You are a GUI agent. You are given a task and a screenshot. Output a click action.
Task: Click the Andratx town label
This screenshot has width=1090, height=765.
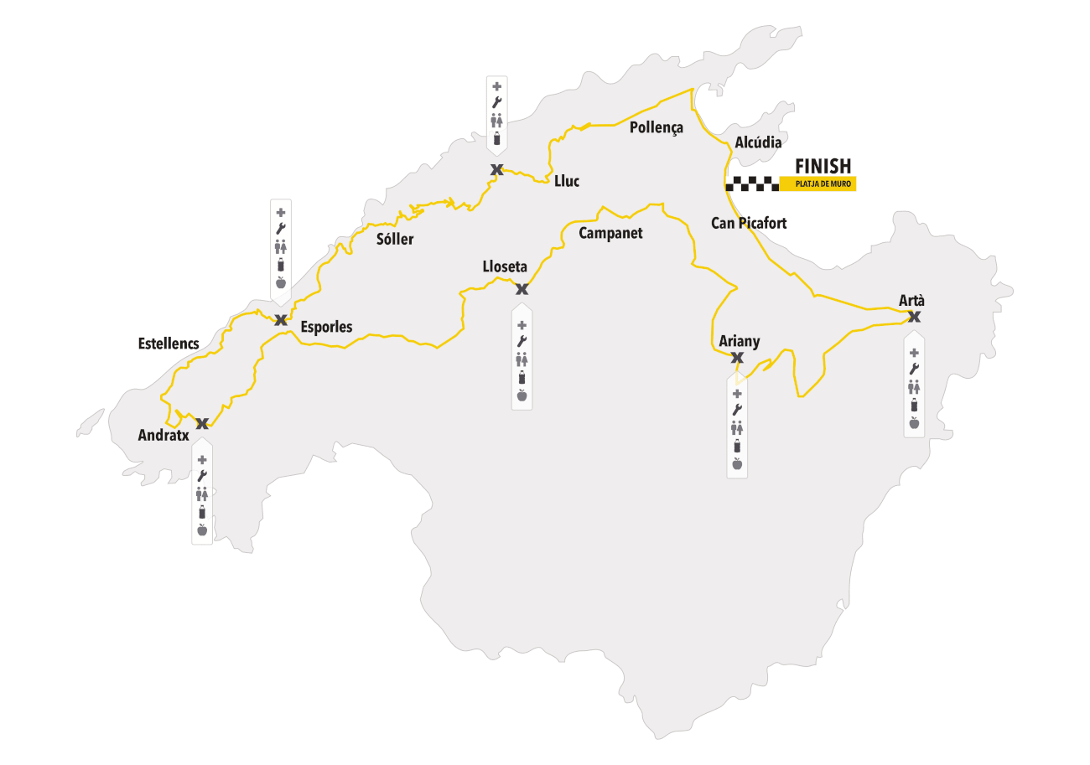coord(163,436)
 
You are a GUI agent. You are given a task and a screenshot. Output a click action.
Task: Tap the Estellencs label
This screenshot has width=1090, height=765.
coord(169,344)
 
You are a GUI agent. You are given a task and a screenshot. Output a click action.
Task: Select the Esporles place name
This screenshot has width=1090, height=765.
coord(326,327)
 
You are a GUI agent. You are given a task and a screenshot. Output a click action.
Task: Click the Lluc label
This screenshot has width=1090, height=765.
coord(567,181)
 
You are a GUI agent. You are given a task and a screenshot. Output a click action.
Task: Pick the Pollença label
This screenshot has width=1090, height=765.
coord(656,128)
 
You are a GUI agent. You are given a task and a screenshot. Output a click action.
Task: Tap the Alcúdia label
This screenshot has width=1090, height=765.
coord(758,142)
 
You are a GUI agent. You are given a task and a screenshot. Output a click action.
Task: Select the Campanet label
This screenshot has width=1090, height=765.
coord(610,233)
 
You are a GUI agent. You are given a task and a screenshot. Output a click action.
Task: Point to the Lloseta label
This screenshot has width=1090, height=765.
coord(505,267)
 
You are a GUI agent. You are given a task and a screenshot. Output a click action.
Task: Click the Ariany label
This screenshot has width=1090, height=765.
coord(740,341)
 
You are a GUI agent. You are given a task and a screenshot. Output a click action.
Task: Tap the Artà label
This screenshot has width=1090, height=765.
coord(911,300)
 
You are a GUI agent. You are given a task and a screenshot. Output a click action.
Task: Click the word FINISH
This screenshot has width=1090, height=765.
coord(823,166)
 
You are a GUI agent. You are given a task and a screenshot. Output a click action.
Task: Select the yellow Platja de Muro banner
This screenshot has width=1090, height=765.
coord(817,184)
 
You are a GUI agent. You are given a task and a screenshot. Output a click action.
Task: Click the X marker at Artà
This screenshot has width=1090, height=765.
coord(914,317)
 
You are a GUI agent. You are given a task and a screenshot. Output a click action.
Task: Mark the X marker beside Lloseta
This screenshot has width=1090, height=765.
coord(522,289)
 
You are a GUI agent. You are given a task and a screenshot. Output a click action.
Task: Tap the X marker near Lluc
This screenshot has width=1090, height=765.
coord(496,170)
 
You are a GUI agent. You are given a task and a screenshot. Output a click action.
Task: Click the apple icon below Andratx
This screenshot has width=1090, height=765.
coord(202,530)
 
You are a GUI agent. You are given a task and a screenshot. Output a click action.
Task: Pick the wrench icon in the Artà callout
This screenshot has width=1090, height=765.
coord(914,369)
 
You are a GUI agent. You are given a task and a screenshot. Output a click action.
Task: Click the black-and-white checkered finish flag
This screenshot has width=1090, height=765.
coord(752,184)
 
